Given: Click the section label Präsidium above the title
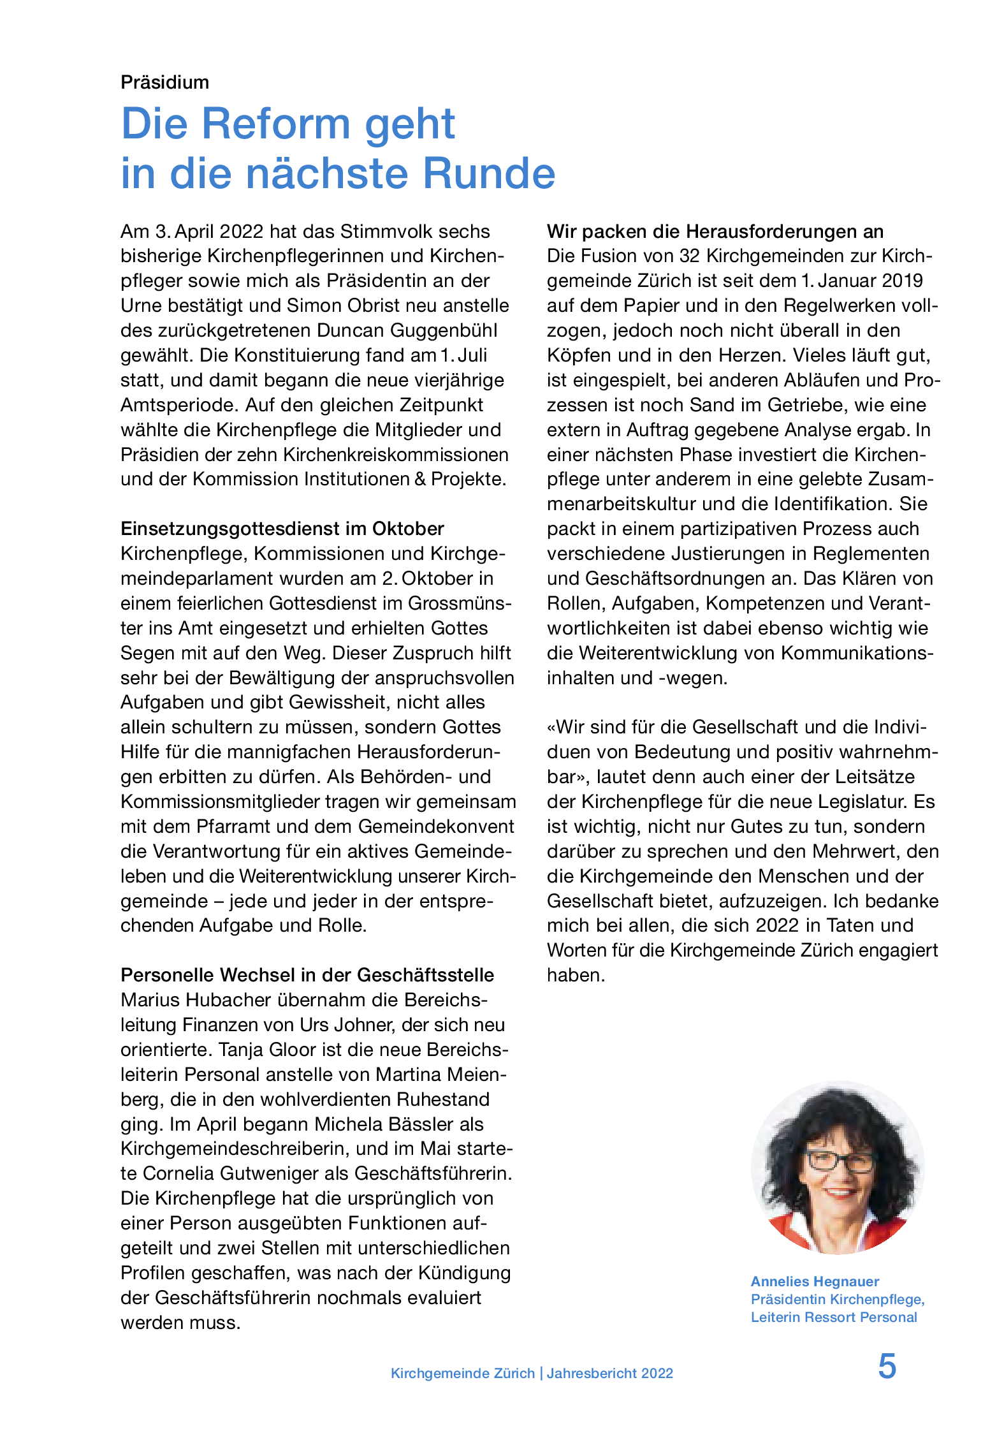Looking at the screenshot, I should [x=164, y=82].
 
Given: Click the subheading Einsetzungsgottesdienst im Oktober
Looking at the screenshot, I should [x=282, y=529].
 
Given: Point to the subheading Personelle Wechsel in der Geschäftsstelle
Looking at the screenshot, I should [x=307, y=975].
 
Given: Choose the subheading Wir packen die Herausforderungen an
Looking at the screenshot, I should [x=715, y=231].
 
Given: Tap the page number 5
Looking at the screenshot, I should [x=887, y=1367].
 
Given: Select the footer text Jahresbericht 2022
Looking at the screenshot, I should [x=609, y=1373].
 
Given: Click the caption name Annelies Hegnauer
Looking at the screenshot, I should [x=815, y=1281].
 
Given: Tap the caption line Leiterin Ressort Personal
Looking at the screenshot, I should [x=833, y=1317].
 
